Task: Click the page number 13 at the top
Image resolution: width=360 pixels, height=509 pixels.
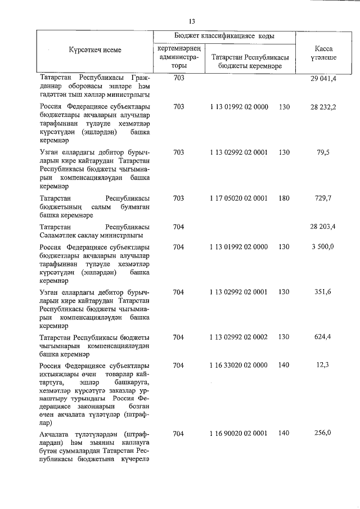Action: pos(191,21)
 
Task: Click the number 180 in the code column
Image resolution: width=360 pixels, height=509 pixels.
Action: pos(283,198)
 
